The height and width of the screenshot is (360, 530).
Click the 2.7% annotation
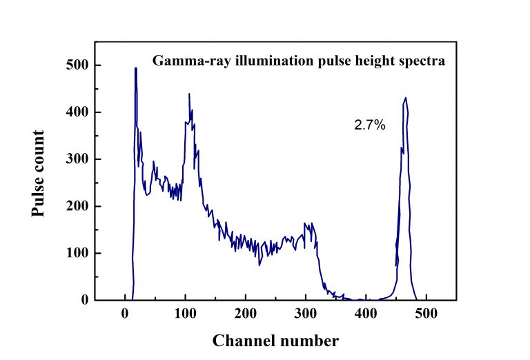click(370, 126)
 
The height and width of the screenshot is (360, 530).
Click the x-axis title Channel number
click(275, 341)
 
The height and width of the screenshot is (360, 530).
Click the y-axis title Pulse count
click(39, 173)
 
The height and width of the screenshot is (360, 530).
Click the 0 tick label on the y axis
click(84, 300)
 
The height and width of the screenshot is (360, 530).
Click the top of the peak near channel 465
click(406, 98)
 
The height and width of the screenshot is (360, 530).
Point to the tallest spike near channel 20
click(135, 68)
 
